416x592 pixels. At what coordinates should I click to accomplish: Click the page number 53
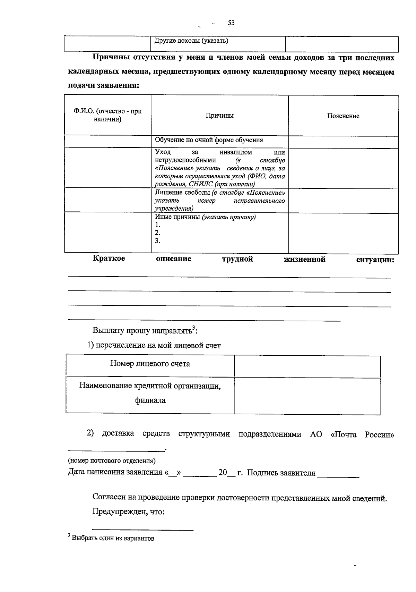(231, 23)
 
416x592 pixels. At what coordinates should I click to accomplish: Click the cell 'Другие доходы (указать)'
(191, 41)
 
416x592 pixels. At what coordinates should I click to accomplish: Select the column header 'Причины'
(219, 116)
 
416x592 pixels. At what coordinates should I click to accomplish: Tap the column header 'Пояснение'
(343, 116)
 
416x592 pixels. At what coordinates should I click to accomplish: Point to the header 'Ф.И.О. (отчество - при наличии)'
(107, 116)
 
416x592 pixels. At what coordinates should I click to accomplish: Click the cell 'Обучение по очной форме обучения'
(209, 140)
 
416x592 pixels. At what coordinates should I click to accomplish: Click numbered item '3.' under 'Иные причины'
(157, 241)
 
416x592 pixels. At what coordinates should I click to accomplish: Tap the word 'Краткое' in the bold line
(109, 259)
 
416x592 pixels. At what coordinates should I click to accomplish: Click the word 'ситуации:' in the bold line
(375, 260)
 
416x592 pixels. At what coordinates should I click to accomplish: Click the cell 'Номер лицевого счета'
(150, 364)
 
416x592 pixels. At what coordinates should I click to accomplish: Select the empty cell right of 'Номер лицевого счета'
(307, 366)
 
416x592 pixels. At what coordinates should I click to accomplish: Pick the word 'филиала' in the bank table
(150, 400)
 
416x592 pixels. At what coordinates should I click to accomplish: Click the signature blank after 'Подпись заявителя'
(338, 474)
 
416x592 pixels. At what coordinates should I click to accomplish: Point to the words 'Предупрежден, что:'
(128, 512)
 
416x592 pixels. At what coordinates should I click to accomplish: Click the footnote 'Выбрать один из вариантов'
(112, 538)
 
